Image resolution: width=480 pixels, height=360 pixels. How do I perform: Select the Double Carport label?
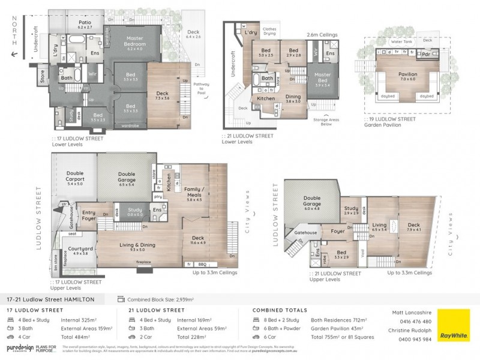coord(75,179)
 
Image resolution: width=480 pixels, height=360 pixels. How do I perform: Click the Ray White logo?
coord(454,325)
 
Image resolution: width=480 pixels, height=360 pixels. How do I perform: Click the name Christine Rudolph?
coord(412,331)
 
